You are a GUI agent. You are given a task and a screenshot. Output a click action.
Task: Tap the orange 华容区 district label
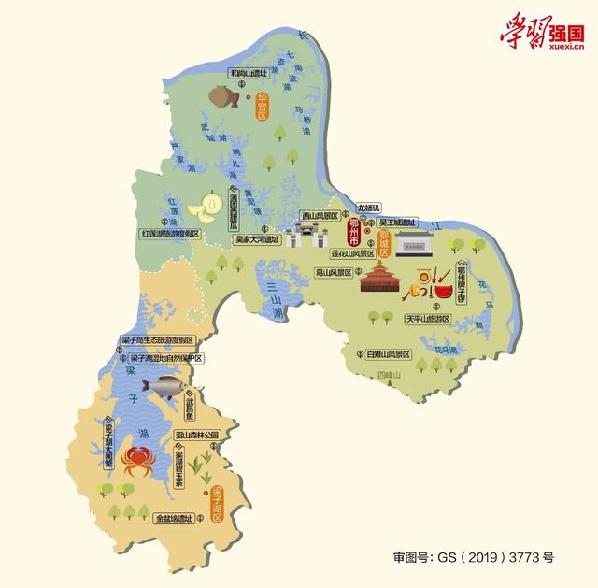[x=263, y=106]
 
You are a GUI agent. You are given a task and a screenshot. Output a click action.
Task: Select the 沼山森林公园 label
[x=196, y=436]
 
